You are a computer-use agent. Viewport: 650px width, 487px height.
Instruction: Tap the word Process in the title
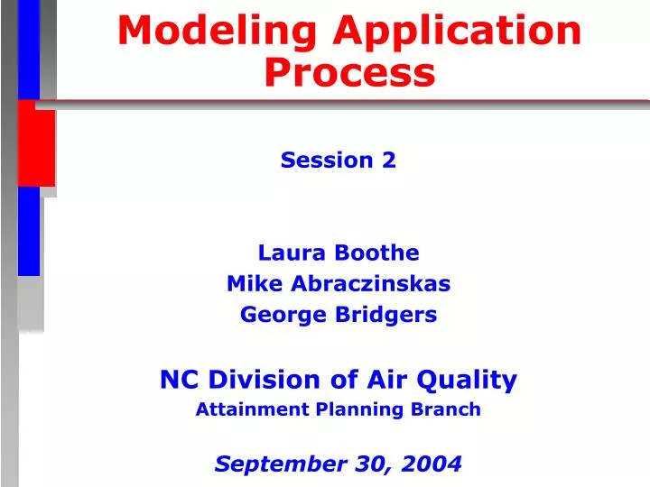(x=349, y=73)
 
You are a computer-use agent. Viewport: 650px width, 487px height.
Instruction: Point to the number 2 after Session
(x=389, y=161)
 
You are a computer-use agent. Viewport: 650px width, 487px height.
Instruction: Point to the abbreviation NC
(x=177, y=380)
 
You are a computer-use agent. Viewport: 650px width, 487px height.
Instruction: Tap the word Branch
(x=448, y=409)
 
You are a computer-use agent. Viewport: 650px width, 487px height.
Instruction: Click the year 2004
(x=433, y=464)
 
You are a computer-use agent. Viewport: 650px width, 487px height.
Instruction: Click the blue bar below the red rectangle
(x=29, y=230)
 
